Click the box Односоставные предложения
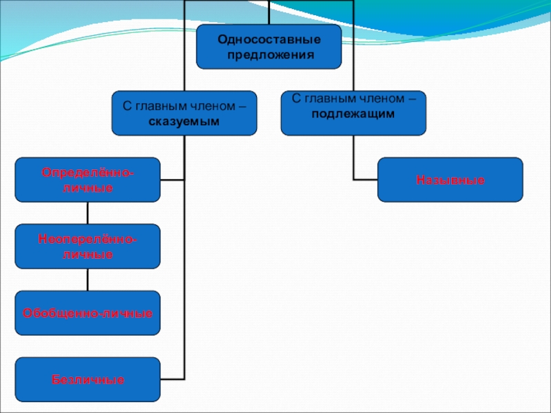click(269, 47)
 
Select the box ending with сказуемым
click(185, 113)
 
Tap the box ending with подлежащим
click(353, 113)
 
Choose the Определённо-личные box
click(87, 180)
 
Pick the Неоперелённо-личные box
click(87, 246)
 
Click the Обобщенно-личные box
click(87, 313)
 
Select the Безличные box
click(87, 379)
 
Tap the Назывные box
click(450, 180)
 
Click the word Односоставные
click(269, 39)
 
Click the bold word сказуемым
click(184, 120)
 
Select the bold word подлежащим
click(353, 114)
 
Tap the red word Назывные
click(450, 180)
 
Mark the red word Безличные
click(87, 379)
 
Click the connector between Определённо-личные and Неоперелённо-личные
click(87, 213)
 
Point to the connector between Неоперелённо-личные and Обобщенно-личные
click(87, 279)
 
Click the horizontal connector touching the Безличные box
click(172, 379)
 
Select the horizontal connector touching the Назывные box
click(365, 180)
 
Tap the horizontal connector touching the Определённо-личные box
click(172, 180)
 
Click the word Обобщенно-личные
click(87, 313)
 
